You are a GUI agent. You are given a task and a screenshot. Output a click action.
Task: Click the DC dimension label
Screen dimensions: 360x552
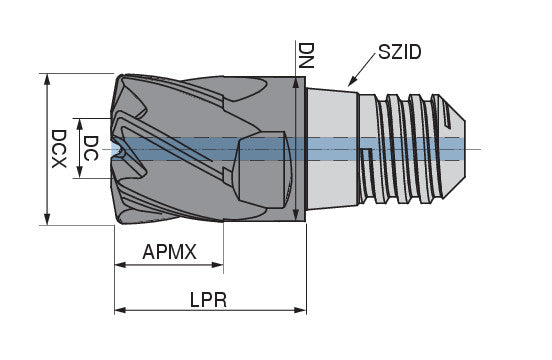pyautogui.click(x=90, y=149)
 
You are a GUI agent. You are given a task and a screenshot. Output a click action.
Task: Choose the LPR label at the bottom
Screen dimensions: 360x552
pyautogui.click(x=210, y=299)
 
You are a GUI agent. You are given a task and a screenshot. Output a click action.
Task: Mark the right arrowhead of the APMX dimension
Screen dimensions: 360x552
pyautogui.click(x=219, y=266)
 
